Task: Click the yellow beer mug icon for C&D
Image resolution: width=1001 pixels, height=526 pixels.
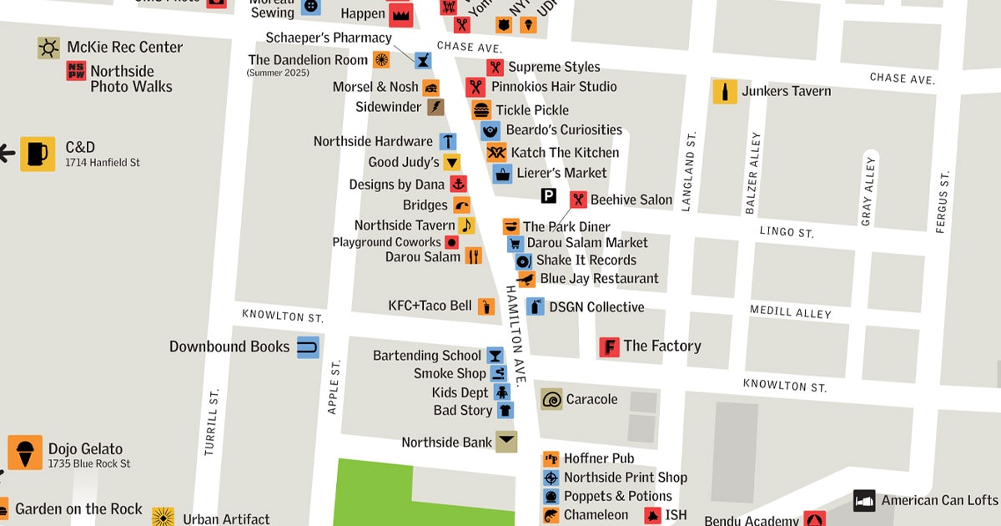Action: click(38, 154)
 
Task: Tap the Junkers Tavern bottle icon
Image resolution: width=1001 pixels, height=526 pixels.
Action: click(724, 92)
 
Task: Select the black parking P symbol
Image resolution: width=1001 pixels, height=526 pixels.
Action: click(548, 196)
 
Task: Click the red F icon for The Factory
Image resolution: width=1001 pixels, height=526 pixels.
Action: click(609, 346)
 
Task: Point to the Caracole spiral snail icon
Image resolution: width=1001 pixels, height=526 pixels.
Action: click(551, 399)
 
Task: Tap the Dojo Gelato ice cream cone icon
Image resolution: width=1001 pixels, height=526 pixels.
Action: click(25, 452)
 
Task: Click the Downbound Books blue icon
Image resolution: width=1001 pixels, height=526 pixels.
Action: click(308, 347)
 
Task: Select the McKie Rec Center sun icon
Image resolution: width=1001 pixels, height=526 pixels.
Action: click(48, 48)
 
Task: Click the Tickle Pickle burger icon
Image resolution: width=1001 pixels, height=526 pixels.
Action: click(481, 110)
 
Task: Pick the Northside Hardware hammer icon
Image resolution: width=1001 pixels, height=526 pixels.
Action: click(448, 141)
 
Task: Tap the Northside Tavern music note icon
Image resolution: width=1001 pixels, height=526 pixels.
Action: click(466, 225)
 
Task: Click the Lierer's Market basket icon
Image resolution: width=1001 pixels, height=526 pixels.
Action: click(502, 174)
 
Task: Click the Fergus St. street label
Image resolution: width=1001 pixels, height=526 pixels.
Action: click(943, 201)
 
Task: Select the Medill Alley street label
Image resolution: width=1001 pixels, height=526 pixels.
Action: click(790, 312)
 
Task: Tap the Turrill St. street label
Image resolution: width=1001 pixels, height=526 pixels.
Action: click(212, 422)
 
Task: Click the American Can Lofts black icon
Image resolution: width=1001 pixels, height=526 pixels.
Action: click(864, 501)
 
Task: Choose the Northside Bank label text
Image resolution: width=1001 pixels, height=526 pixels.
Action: click(446, 443)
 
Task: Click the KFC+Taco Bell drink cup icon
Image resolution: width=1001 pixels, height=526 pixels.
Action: click(486, 307)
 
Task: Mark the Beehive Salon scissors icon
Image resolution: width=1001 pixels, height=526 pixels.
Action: click(578, 200)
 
